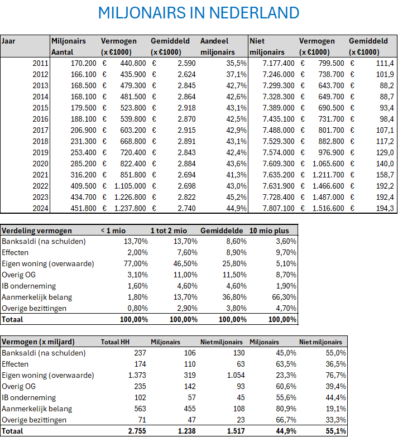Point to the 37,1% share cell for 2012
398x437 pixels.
click(234, 74)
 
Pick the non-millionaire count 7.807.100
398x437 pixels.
click(277, 208)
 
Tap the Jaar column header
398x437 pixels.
click(8, 41)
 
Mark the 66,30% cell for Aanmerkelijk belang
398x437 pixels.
click(283, 296)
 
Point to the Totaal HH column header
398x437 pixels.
click(115, 342)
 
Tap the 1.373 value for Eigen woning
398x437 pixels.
click(136, 375)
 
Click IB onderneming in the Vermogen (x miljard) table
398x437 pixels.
click(29, 397)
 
